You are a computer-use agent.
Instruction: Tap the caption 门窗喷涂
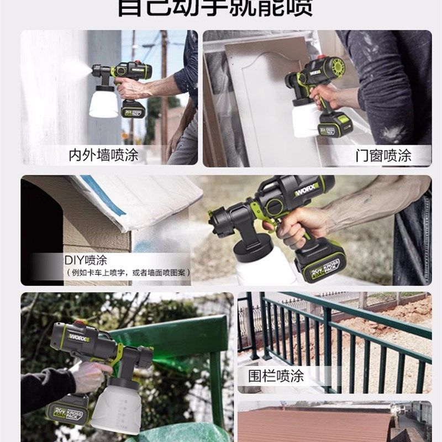pyautogui.click(x=383, y=155)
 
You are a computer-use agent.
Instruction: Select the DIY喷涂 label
pyautogui.click(x=85, y=260)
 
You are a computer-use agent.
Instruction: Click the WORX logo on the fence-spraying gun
pyautogui.click(x=75, y=335)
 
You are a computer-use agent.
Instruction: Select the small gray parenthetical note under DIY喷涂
pyautogui.click(x=128, y=273)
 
